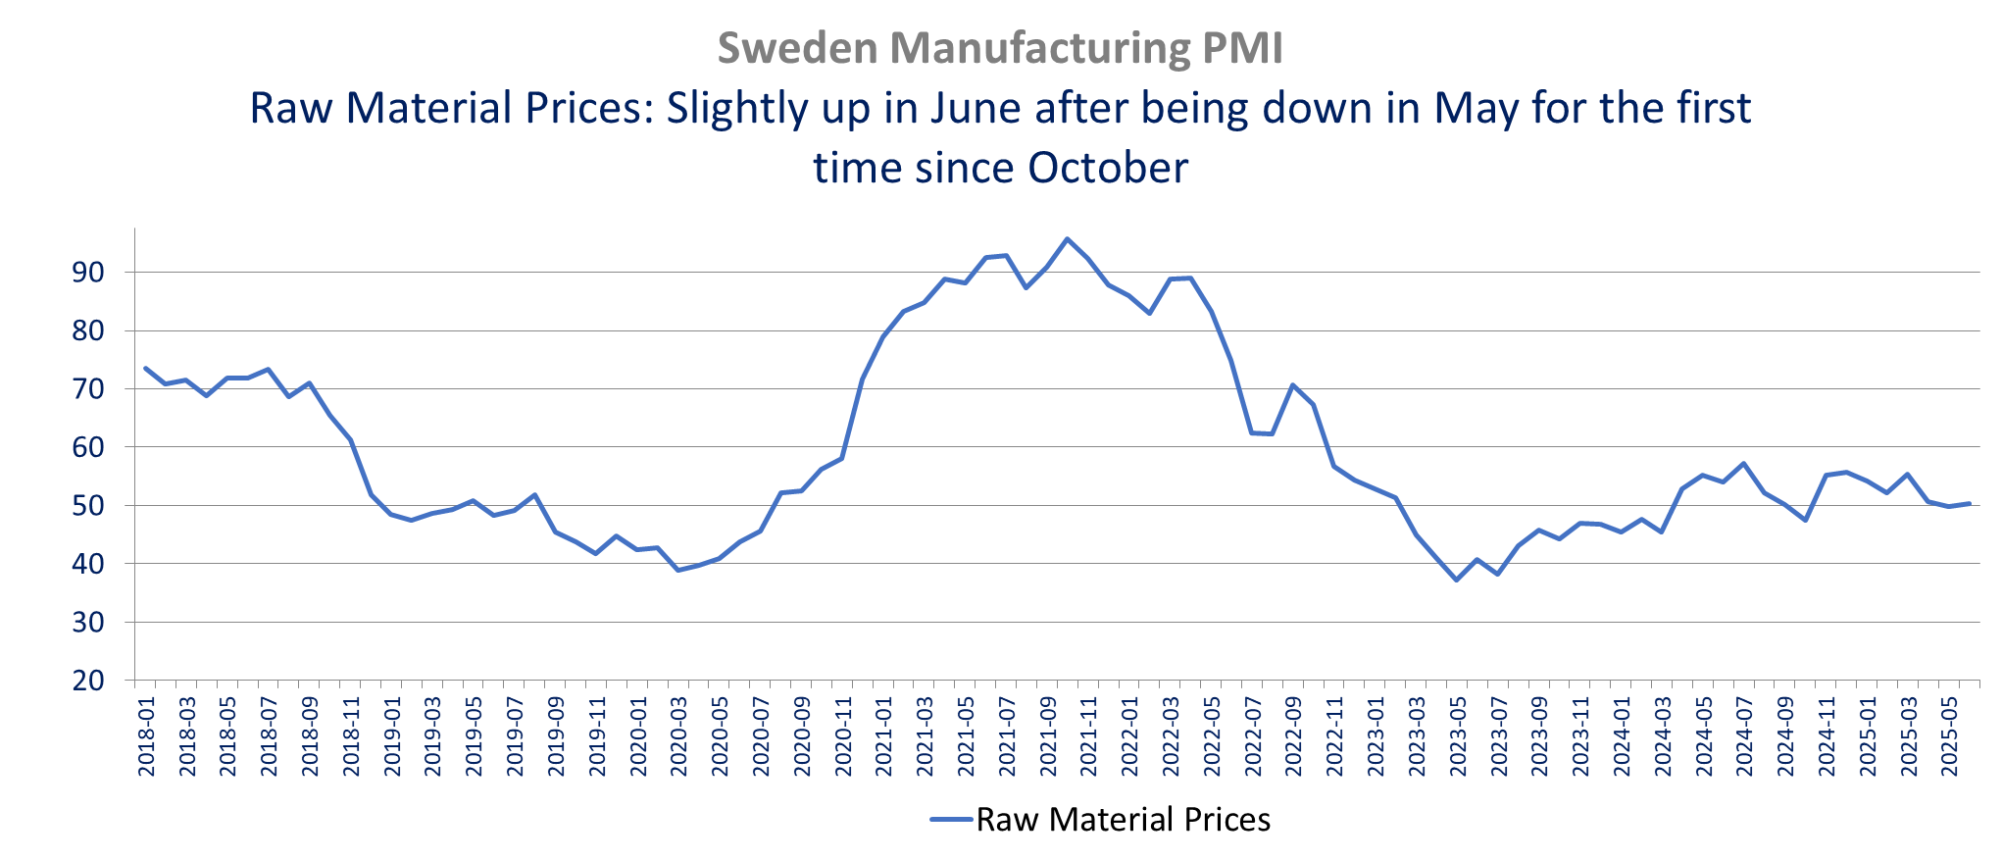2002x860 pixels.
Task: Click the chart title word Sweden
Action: coord(797,48)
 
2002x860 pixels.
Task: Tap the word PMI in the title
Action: coord(1245,48)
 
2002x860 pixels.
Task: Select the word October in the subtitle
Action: coord(1107,168)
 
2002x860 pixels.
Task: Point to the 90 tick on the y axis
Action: coord(88,273)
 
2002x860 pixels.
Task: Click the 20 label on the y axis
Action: coord(88,681)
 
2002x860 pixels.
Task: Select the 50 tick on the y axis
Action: coord(88,506)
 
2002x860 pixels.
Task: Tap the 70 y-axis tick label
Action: coord(88,389)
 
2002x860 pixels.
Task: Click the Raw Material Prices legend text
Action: coord(1124,820)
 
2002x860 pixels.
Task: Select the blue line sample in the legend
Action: coord(951,820)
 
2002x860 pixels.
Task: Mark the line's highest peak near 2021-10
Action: coord(1068,238)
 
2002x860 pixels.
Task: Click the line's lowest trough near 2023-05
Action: coord(1457,580)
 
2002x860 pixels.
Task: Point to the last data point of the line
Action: coord(1970,503)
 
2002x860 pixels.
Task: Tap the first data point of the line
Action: coord(145,368)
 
